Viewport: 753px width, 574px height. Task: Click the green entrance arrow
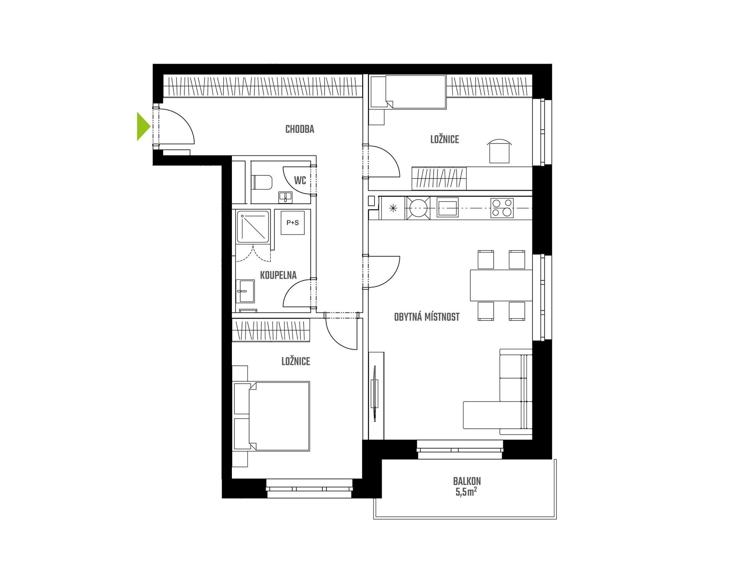coord(143,126)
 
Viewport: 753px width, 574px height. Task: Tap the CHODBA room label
coord(300,129)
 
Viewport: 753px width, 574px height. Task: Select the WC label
coord(300,180)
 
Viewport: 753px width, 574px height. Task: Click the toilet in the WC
coord(262,183)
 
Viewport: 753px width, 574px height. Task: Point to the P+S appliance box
coord(293,223)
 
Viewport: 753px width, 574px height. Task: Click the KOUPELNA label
coord(278,275)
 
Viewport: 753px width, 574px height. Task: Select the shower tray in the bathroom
coord(253,227)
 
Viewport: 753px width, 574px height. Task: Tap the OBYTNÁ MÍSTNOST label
coord(427,317)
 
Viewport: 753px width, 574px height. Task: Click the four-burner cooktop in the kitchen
coord(502,208)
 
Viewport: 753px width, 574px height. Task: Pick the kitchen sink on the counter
coord(447,208)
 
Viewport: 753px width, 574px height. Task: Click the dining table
coord(501,285)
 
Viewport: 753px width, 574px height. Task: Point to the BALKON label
coord(467,481)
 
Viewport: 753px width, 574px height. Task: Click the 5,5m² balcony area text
coord(466,492)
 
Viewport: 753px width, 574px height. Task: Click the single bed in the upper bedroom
coord(408,92)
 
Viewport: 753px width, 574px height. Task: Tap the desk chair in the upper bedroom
coord(499,151)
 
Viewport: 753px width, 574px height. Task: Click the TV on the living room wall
coord(374,393)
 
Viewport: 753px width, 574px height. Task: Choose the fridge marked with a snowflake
coord(393,208)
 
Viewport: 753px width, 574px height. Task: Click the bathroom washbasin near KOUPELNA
coord(245,291)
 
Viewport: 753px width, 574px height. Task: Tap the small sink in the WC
coord(285,197)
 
